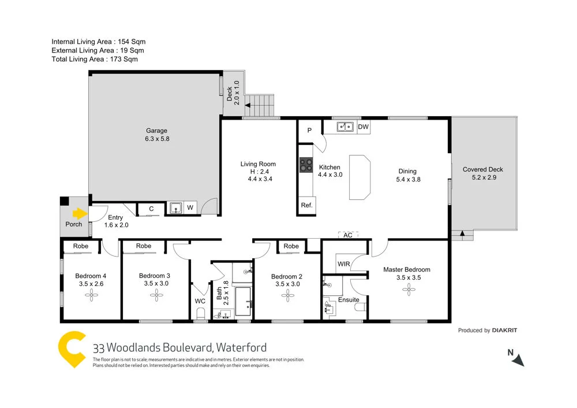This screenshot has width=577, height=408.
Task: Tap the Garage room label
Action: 156,131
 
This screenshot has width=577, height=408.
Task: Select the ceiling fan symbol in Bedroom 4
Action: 92,296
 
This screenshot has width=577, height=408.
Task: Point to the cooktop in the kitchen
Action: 305,166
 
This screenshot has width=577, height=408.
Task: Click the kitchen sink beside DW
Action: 346,126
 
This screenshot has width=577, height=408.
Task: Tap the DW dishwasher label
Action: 363,127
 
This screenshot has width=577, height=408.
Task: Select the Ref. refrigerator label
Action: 306,205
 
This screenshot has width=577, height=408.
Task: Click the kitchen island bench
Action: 360,177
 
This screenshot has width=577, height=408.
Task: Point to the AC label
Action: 347,235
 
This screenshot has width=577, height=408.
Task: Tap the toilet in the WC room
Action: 200,313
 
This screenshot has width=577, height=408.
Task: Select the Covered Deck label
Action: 483,169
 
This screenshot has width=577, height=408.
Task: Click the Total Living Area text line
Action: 95,59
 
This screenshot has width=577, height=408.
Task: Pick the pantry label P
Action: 309,131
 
